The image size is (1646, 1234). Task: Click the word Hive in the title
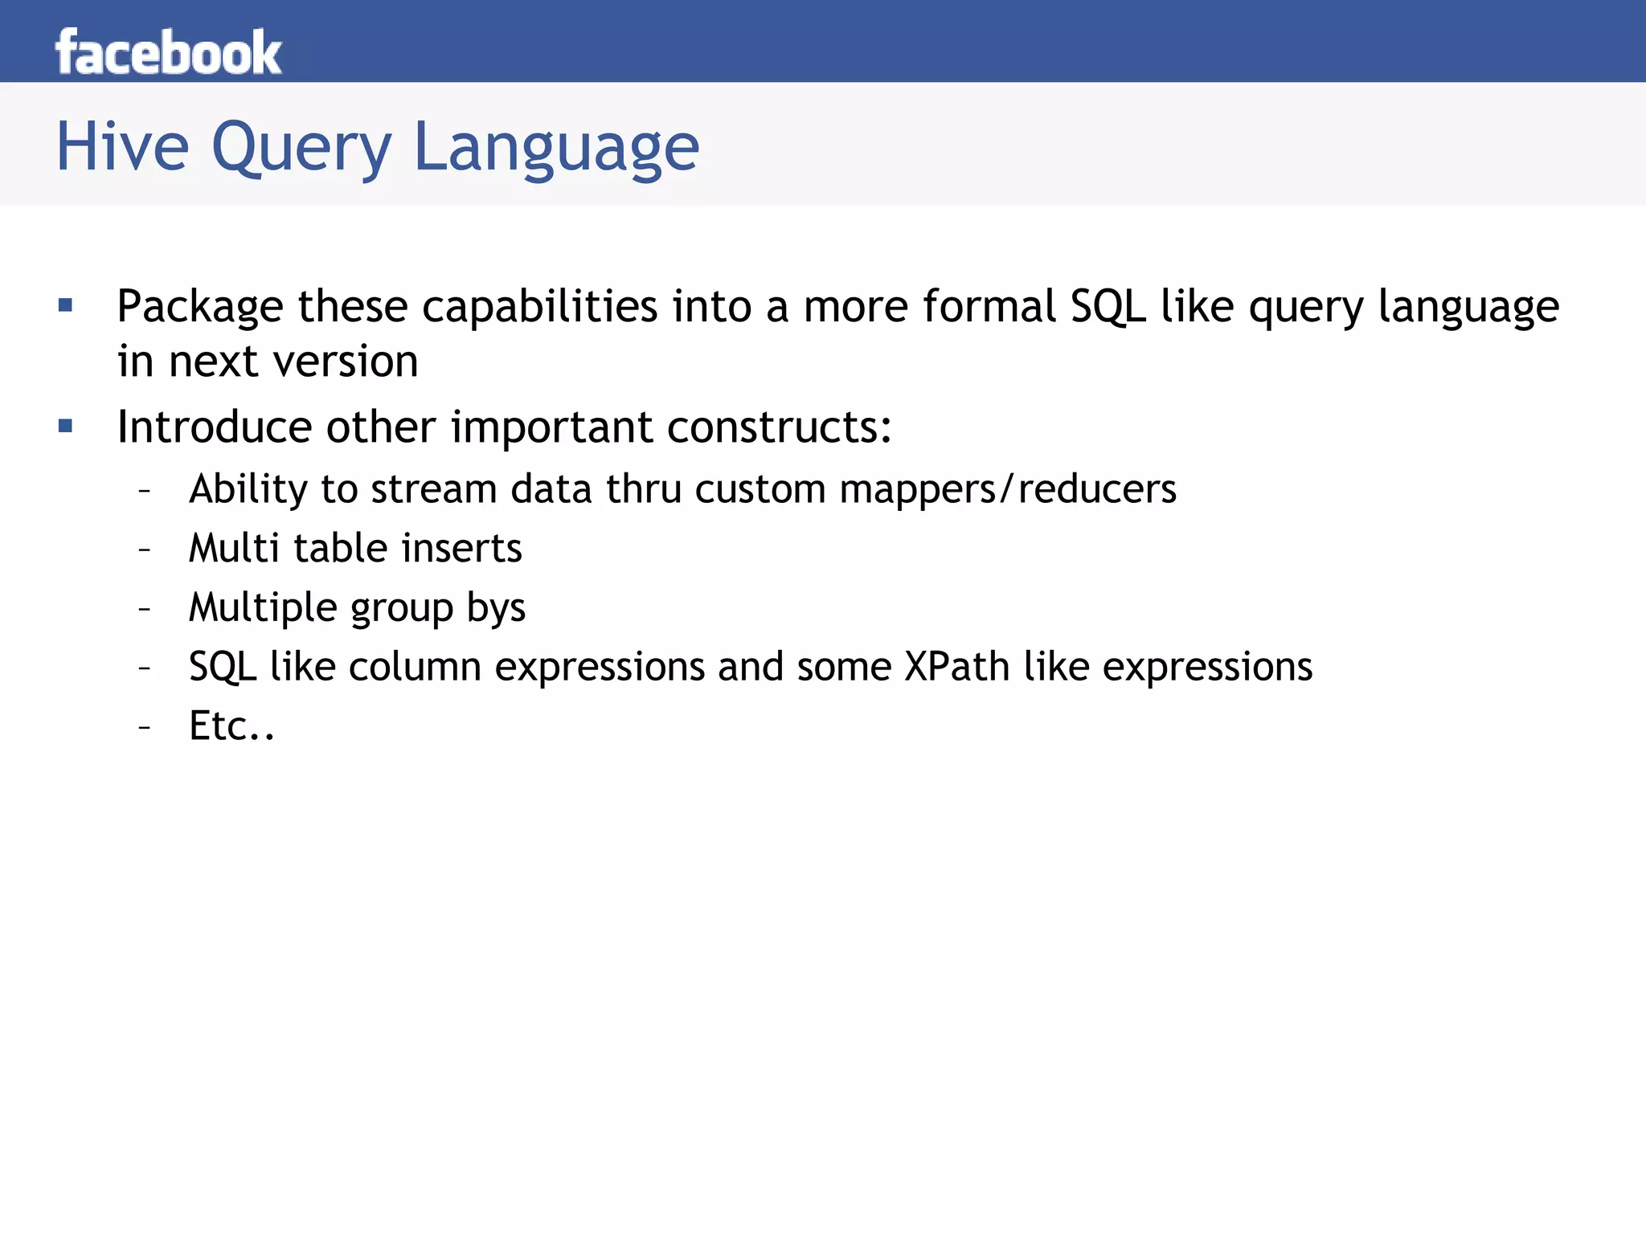(x=122, y=146)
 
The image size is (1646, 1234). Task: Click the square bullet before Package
(x=66, y=305)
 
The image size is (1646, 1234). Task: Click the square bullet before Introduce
(x=66, y=426)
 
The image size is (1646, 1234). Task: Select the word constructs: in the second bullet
(x=779, y=427)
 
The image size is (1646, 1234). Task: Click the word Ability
(x=248, y=489)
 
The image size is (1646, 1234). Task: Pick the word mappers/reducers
(x=1008, y=489)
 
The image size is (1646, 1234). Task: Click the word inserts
(x=461, y=549)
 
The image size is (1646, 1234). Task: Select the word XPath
(x=956, y=667)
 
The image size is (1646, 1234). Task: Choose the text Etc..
(x=231, y=726)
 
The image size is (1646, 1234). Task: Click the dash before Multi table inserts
(x=145, y=550)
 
